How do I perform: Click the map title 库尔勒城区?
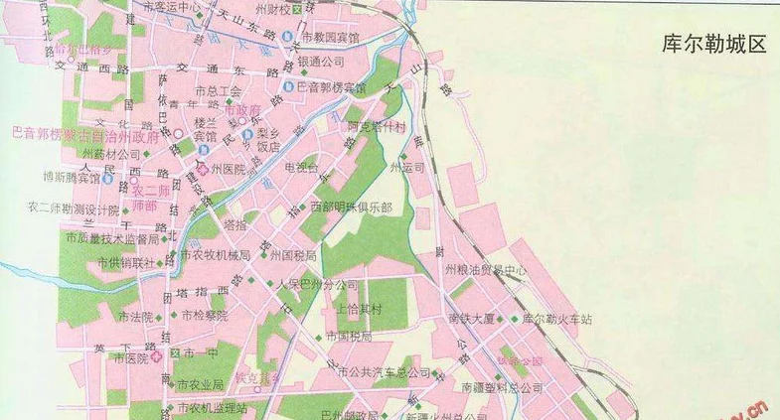[x=714, y=46]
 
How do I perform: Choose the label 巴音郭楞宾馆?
[x=332, y=87]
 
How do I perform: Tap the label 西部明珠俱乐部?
[x=350, y=207]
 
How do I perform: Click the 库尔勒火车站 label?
[x=556, y=319]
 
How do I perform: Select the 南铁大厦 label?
[x=471, y=319]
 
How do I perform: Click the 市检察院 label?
[x=205, y=316]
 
